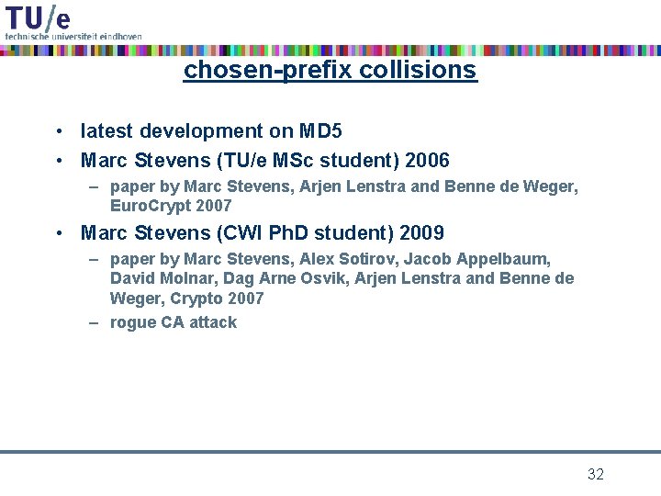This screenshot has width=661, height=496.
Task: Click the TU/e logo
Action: pos(37,16)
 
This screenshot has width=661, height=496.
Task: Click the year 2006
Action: pos(426,161)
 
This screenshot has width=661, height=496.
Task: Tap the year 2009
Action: pos(421,232)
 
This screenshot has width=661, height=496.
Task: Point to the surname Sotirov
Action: pos(361,260)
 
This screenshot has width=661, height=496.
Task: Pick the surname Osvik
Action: pos(327,278)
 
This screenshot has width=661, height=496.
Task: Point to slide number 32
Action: pos(596,474)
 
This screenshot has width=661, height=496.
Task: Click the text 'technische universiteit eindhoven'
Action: pos(73,36)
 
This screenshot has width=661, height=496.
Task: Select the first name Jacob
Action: pos(431,260)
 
